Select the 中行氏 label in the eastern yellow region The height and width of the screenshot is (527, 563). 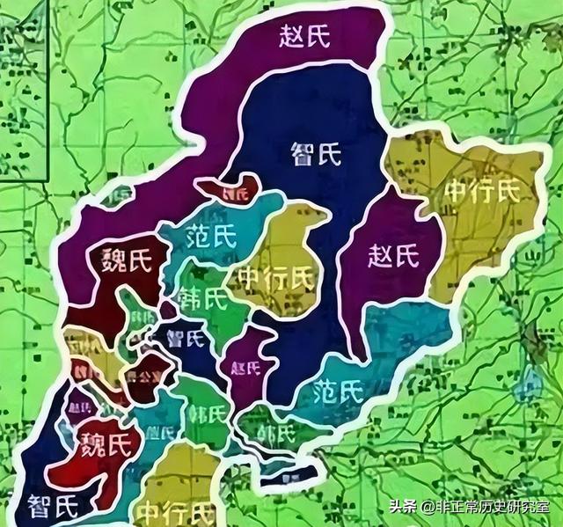(482, 189)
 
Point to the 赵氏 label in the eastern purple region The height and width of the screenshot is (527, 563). (391, 257)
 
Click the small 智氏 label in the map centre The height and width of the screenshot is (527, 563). (187, 337)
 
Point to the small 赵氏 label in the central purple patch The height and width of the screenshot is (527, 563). (243, 369)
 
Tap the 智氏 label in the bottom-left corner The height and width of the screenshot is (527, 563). (53, 505)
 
